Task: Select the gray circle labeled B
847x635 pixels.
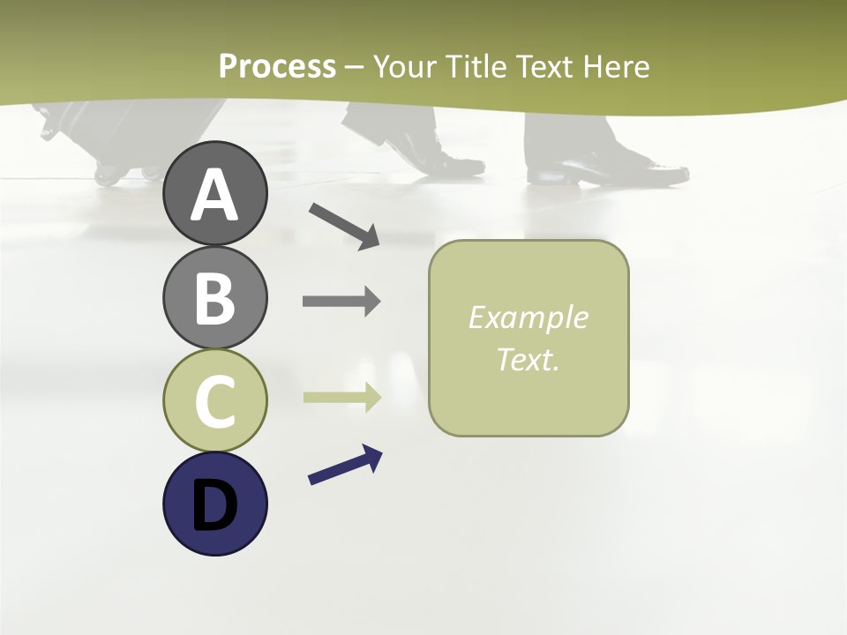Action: [214, 298]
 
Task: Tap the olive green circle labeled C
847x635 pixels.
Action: [214, 400]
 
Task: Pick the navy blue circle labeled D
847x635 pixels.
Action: [214, 504]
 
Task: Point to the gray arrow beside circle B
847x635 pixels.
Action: [341, 302]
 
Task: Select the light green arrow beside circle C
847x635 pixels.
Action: [341, 398]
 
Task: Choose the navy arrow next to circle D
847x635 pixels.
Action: [345, 465]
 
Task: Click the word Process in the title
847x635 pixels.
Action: [277, 67]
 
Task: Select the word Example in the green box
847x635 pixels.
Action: [528, 317]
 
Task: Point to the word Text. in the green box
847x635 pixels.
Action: [528, 360]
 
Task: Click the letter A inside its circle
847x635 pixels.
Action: [214, 196]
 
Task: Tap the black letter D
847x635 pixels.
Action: [214, 505]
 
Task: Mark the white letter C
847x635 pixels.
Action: [214, 402]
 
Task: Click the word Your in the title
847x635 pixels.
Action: [405, 67]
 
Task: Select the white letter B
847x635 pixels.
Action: [214, 299]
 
